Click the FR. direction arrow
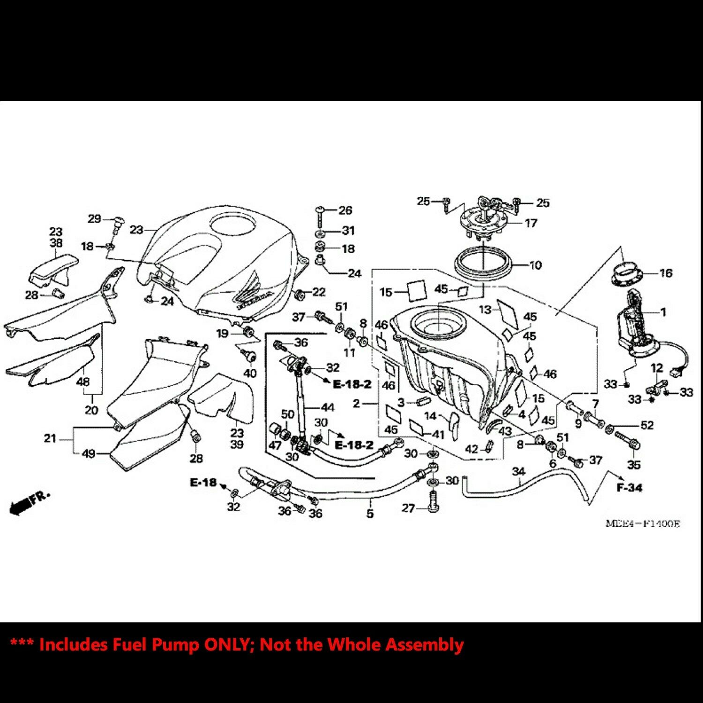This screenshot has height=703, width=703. [x=29, y=503]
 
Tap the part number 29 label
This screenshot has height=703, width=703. [x=94, y=219]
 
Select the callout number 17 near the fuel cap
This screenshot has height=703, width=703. [x=531, y=223]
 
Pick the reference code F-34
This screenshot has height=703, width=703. [x=629, y=488]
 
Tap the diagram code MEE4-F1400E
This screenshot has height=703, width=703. [x=642, y=524]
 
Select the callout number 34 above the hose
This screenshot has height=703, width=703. [x=518, y=471]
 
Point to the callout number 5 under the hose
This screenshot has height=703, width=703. [x=370, y=514]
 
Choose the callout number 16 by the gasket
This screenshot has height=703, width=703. [x=666, y=273]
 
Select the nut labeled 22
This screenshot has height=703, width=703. [x=298, y=295]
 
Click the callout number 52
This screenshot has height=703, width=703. [x=647, y=426]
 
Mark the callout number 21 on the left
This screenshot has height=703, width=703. [x=50, y=439]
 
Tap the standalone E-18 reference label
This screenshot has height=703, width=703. [x=203, y=482]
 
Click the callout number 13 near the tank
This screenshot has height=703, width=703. [x=485, y=309]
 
